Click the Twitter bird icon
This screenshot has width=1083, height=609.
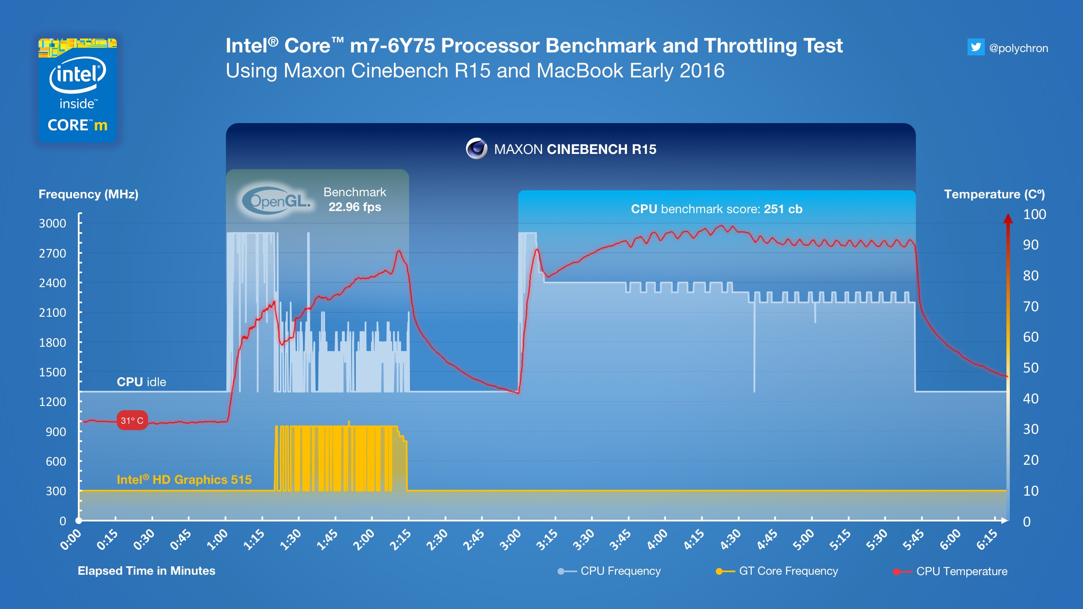tap(976, 47)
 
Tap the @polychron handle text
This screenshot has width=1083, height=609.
tap(1018, 48)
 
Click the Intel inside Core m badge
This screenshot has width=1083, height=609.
tap(77, 90)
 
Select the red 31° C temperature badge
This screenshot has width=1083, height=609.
tap(132, 420)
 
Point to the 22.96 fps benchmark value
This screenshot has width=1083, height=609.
tap(355, 207)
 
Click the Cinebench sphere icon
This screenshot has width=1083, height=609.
tap(476, 148)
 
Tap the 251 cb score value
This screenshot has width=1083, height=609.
tap(783, 209)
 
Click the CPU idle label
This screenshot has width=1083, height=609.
tap(141, 382)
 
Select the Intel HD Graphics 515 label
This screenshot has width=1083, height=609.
tap(184, 480)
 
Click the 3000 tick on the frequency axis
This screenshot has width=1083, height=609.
tap(52, 223)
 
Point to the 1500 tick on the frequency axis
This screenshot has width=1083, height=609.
tap(52, 372)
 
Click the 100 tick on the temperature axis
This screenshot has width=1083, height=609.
tap(1034, 214)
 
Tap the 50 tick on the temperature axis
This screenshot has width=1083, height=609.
tap(1031, 368)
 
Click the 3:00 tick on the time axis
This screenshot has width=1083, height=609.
tap(511, 540)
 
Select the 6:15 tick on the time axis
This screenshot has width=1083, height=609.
tap(987, 540)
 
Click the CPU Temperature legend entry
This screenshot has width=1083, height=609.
tap(961, 571)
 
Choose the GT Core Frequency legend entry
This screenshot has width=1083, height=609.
tap(788, 571)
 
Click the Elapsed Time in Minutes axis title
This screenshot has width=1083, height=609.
tap(146, 571)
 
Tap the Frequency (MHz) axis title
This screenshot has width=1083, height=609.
tap(88, 194)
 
